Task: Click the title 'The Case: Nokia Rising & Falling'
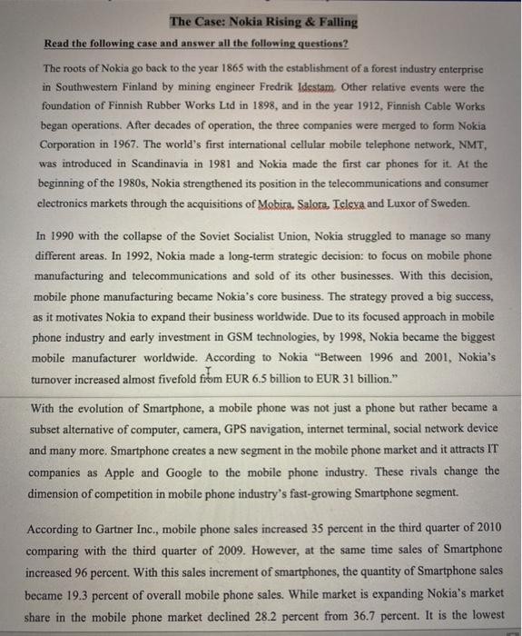[263, 22]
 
